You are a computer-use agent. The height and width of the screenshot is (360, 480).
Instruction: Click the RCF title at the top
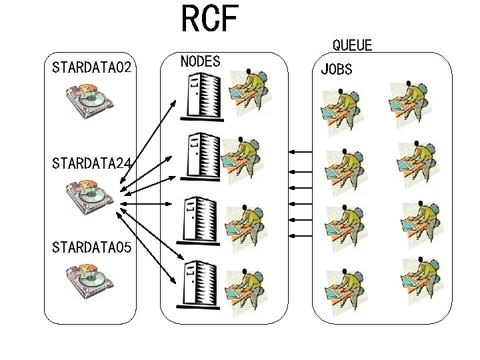tap(209, 19)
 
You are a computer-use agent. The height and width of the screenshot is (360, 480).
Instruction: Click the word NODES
tap(201, 61)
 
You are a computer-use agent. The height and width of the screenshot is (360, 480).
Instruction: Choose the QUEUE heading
tap(352, 45)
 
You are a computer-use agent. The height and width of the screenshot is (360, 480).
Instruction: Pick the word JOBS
tap(337, 69)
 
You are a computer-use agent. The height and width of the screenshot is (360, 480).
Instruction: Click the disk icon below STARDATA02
tap(89, 99)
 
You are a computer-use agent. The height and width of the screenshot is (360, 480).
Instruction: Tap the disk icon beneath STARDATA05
tap(89, 281)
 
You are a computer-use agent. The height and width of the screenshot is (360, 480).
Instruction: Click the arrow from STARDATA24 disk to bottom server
tap(150, 237)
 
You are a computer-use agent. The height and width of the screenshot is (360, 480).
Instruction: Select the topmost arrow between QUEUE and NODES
tap(301, 152)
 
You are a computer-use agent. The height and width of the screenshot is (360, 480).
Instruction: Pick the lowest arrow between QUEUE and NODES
tap(301, 235)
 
